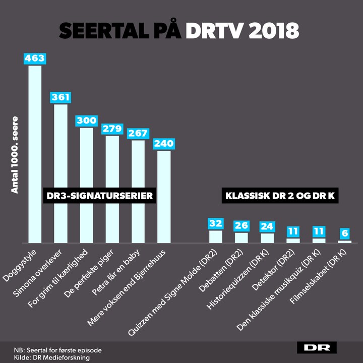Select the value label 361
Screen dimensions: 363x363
[x=60, y=97]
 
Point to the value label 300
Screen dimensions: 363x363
[x=86, y=120]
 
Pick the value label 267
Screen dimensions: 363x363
[x=138, y=133]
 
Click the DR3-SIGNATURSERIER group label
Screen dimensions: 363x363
[x=99, y=196]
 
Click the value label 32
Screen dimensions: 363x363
[x=215, y=223]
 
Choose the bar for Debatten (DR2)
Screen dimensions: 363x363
[x=241, y=237]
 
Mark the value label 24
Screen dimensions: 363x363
[x=267, y=226]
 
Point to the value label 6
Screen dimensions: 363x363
[x=345, y=233]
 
